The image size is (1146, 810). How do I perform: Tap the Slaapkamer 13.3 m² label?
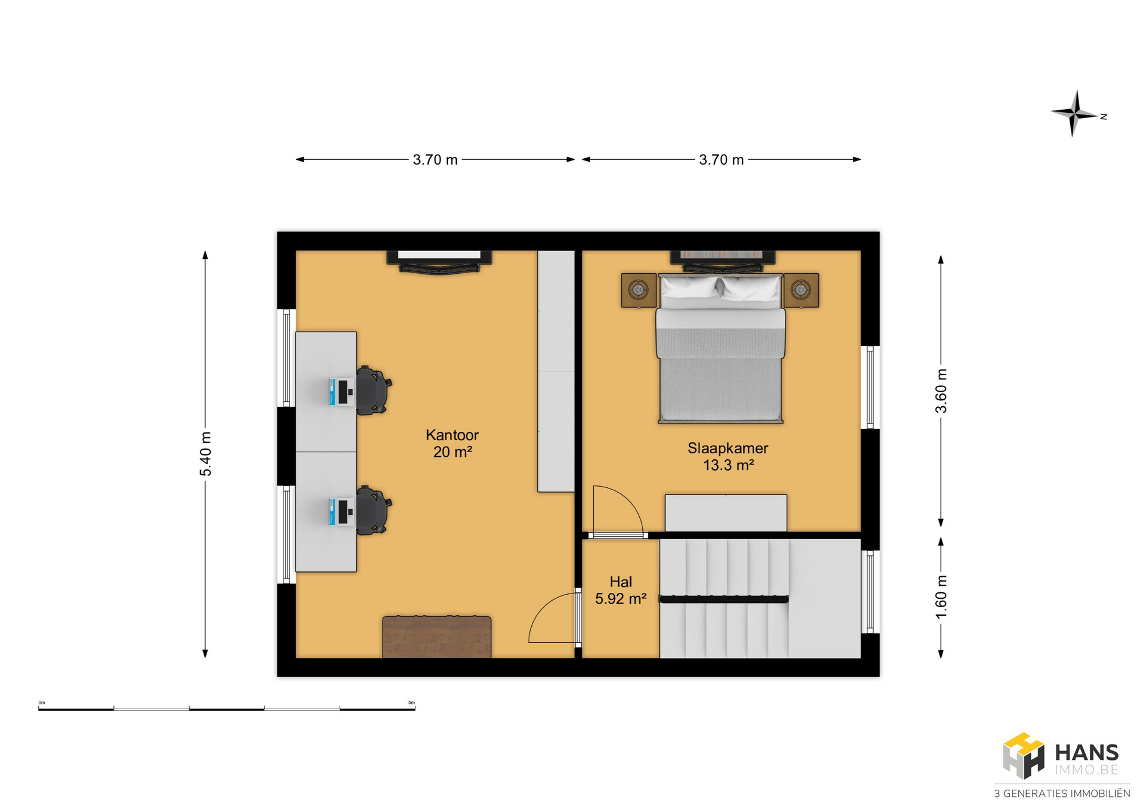(728, 456)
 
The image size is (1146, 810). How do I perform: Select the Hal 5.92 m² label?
(621, 590)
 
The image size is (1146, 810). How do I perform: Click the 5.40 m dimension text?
(205, 454)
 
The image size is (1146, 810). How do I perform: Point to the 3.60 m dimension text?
(941, 391)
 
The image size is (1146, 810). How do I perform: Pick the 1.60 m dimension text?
(941, 596)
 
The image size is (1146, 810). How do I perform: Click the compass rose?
(1074, 113)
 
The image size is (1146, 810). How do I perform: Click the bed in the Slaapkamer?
(720, 348)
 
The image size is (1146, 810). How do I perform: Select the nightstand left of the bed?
(639, 290)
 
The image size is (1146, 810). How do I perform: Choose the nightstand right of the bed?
(801, 290)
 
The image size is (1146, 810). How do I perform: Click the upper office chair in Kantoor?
(374, 391)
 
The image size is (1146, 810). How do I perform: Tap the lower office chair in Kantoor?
(374, 511)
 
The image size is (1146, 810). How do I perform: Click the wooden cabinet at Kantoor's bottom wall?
(437, 637)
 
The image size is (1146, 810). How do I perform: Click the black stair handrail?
(724, 599)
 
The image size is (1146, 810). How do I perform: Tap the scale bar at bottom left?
(227, 709)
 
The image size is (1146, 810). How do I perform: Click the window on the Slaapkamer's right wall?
(870, 387)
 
